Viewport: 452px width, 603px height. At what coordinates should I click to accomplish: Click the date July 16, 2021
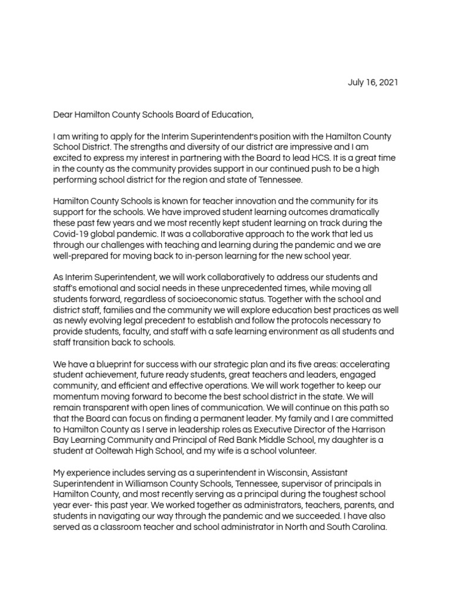click(x=373, y=82)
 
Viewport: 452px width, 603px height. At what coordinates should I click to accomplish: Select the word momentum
click(x=77, y=396)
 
